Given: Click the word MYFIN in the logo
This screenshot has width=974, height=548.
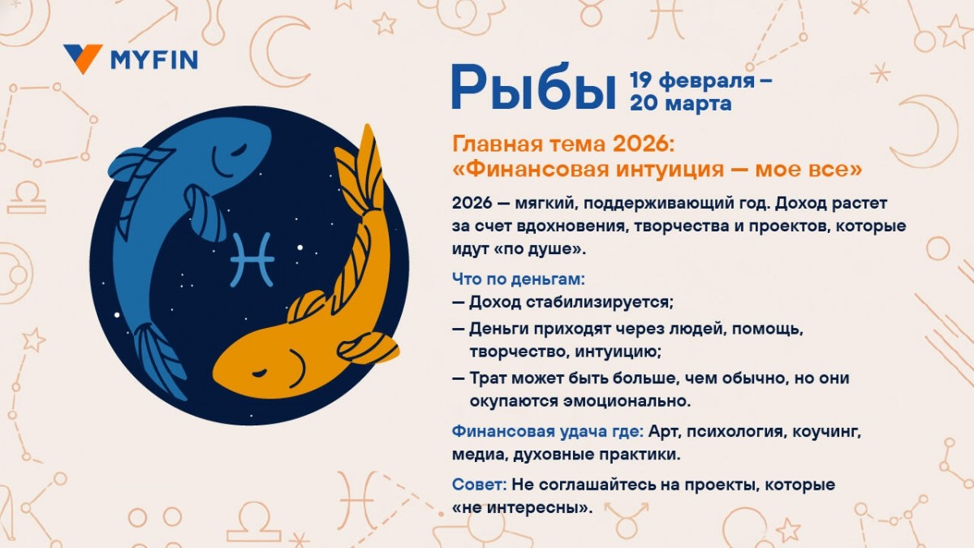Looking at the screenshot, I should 153,59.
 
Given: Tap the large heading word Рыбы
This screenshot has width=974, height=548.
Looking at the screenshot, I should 533,88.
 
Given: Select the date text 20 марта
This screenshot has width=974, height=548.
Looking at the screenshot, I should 680,103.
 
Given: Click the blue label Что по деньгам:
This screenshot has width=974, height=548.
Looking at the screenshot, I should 518,279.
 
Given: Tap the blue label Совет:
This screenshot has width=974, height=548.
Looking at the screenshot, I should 480,485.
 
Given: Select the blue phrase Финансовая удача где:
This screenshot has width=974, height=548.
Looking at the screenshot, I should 548,430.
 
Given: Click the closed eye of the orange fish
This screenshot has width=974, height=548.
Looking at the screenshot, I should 260,373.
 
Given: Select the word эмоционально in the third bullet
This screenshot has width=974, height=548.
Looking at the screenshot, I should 631,400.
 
